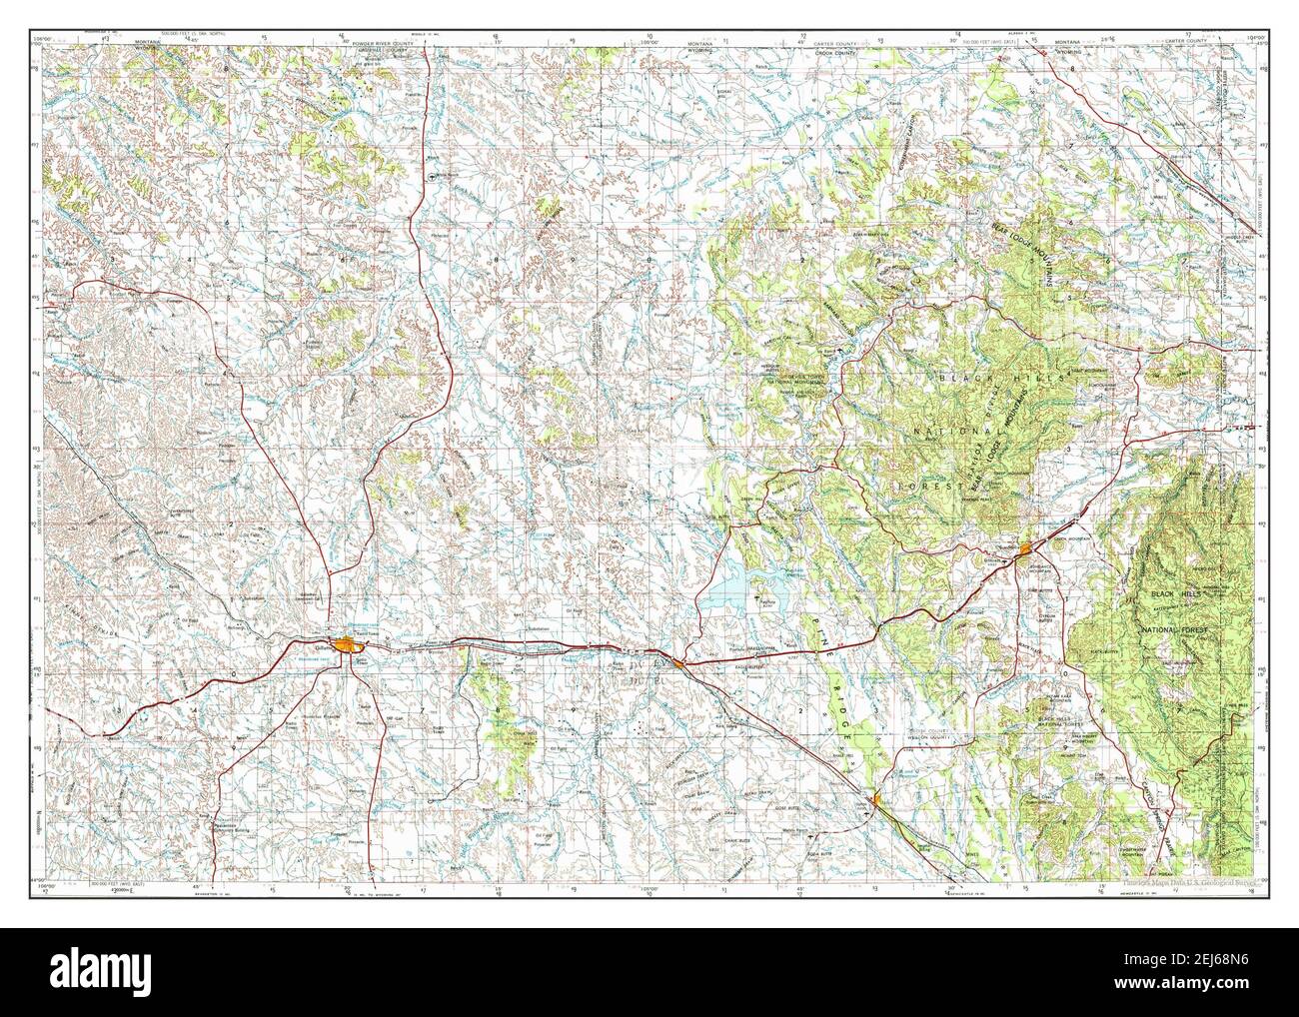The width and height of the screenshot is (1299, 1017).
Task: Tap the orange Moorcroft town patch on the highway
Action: pyautogui.click(x=679, y=662)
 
